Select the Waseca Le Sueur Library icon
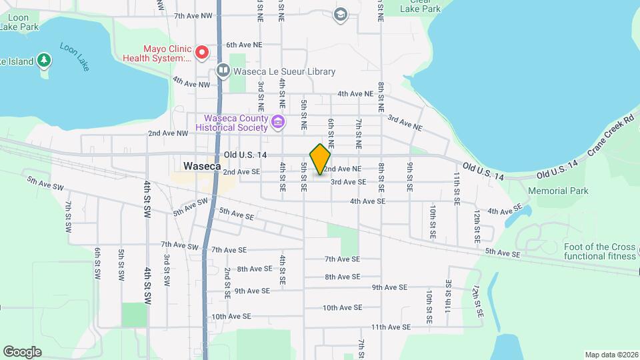[223, 71]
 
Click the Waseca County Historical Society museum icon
[278, 122]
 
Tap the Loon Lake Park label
[19, 21]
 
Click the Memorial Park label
[558, 191]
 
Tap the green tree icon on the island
[44, 61]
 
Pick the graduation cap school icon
[341, 14]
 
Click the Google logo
[22, 351]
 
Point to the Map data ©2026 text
[611, 355]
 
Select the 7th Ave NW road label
[193, 15]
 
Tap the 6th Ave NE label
[244, 45]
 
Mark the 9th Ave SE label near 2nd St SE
[251, 291]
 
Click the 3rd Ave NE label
[405, 122]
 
